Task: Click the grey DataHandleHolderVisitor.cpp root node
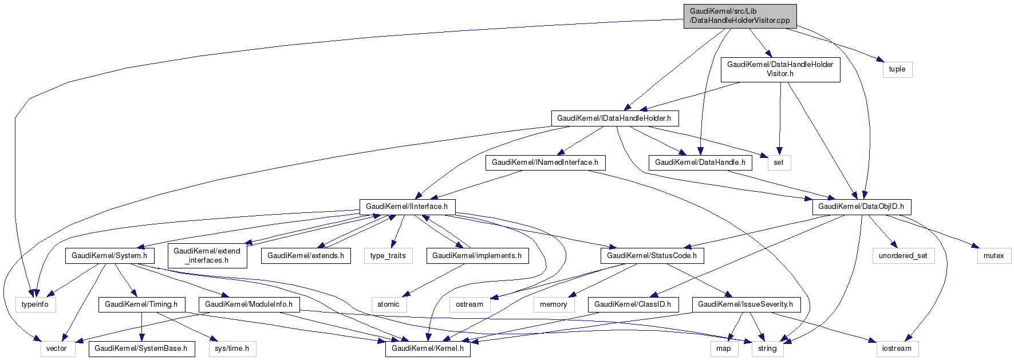pyautogui.click(x=740, y=16)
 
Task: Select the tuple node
pyautogui.click(x=897, y=69)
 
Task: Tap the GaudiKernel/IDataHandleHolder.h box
pyautogui.click(x=614, y=118)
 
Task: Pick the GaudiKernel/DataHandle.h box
pyautogui.click(x=700, y=163)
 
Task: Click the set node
pyautogui.click(x=778, y=163)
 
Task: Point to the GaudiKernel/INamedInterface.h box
pyautogui.click(x=545, y=163)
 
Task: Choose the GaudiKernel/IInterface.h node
pyautogui.click(x=407, y=207)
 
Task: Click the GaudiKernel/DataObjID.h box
pyautogui.click(x=861, y=207)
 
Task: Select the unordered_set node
pyautogui.click(x=903, y=256)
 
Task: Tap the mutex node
pyautogui.click(x=993, y=256)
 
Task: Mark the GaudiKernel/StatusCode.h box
pyautogui.click(x=652, y=256)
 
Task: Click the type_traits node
pyautogui.click(x=388, y=256)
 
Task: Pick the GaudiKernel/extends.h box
pyautogui.click(x=306, y=256)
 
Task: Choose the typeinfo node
pyautogui.click(x=35, y=304)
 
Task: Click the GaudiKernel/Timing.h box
pyautogui.click(x=141, y=304)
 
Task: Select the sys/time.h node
pyautogui.click(x=231, y=349)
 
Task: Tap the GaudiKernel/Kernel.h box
pyautogui.click(x=428, y=349)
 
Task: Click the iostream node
pyautogui.click(x=896, y=349)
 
